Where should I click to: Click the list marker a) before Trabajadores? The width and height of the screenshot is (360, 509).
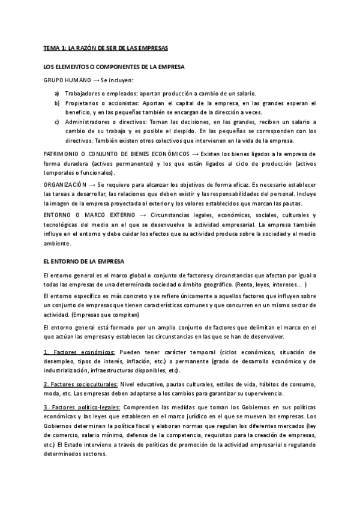56,93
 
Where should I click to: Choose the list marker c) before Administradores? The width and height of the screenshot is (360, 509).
56,122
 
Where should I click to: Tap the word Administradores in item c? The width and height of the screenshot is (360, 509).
89,122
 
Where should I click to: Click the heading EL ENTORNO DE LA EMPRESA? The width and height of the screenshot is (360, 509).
84,262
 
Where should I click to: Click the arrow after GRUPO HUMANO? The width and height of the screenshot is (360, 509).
96,80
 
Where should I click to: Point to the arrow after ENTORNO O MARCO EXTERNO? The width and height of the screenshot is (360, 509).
142,215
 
